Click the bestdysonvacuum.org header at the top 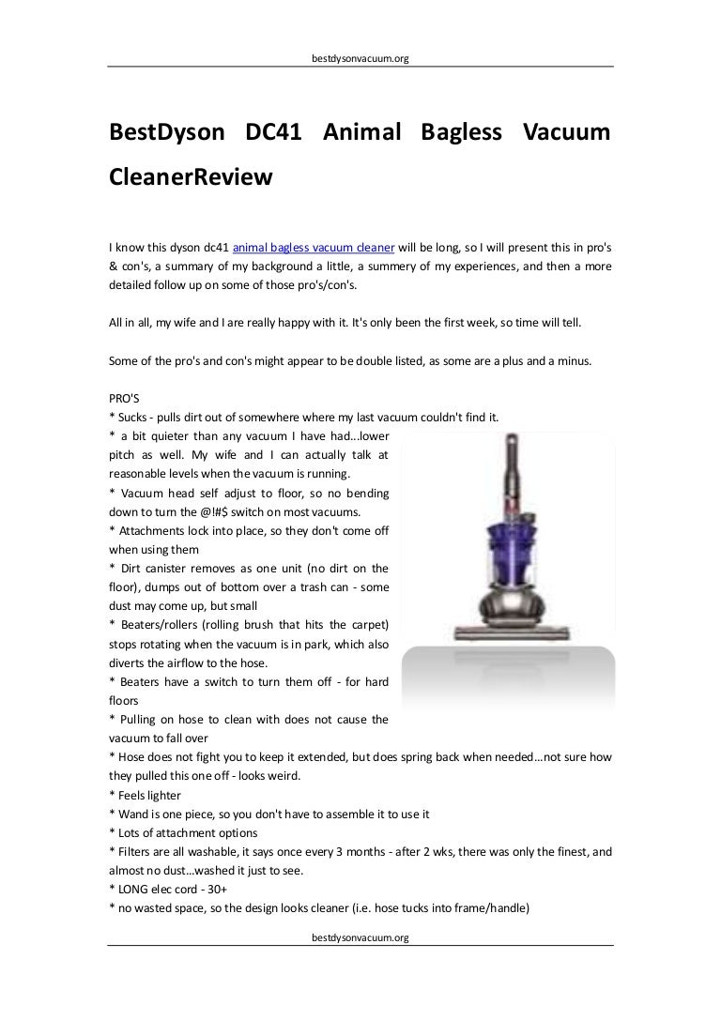pos(360,58)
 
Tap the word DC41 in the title pos(273,133)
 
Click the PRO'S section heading pos(125,397)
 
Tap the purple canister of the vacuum pos(510,562)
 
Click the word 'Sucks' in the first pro pos(135,416)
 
